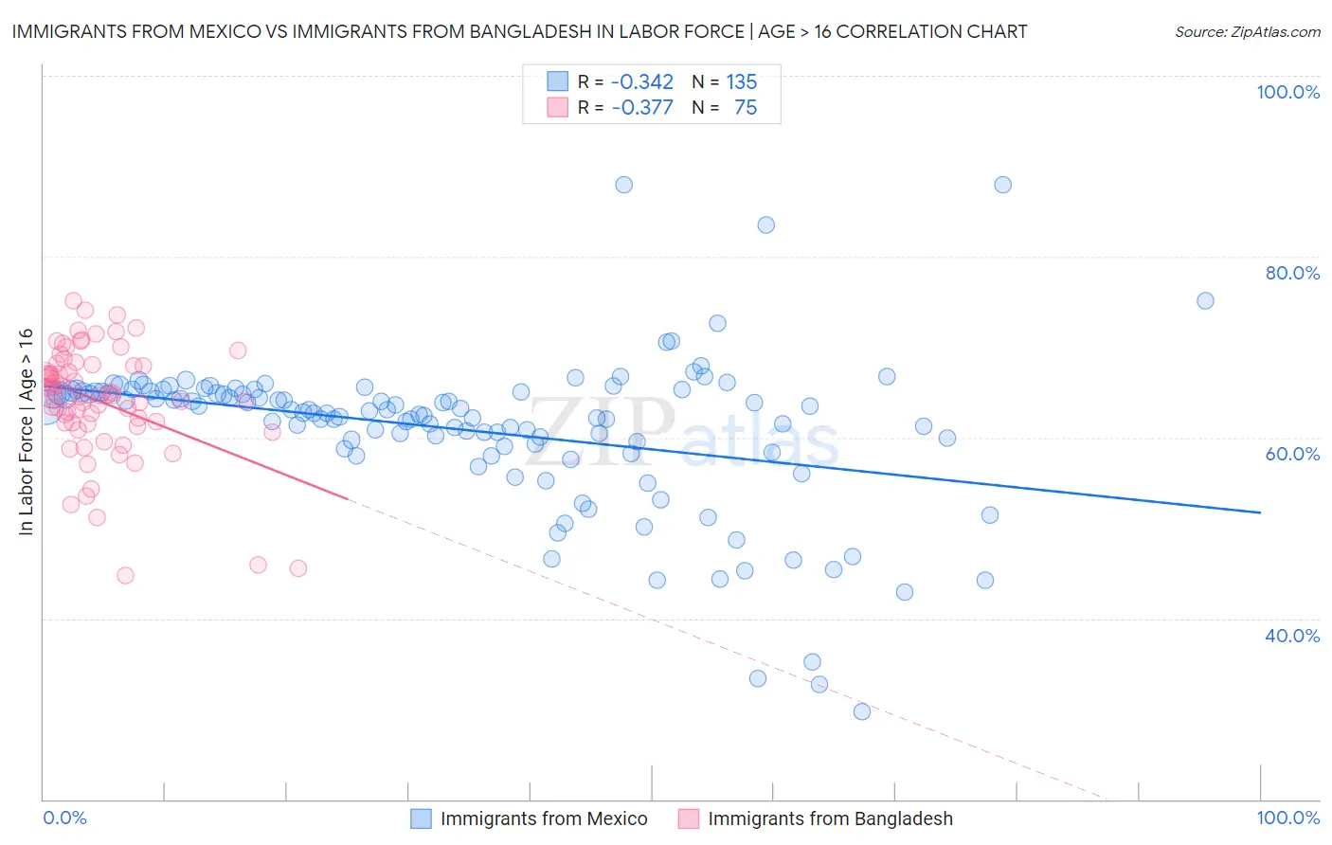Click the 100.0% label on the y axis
(1287, 92)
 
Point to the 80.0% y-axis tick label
(1292, 273)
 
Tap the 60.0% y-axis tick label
(1292, 454)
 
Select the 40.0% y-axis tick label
(1292, 636)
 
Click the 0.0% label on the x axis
(64, 818)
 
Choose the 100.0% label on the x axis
(1287, 818)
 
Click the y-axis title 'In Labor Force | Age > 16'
(26, 432)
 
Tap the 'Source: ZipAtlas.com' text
(1247, 31)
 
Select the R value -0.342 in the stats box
(641, 81)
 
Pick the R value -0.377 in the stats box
(641, 107)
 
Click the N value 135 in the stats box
(741, 81)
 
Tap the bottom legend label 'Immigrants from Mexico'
(544, 818)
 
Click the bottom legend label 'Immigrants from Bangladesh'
(830, 818)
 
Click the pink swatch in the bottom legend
(689, 818)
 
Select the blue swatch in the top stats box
(557, 81)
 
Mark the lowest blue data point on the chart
(861, 711)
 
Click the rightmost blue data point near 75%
(1205, 300)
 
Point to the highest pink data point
(73, 300)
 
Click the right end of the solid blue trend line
(1260, 512)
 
